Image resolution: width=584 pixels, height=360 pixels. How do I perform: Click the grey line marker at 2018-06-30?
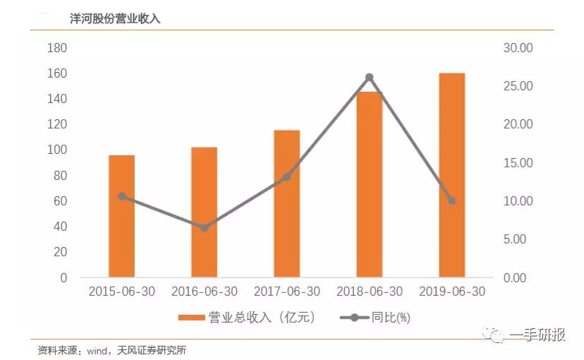[x=369, y=77]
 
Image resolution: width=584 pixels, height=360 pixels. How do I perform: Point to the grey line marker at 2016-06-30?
[x=204, y=228]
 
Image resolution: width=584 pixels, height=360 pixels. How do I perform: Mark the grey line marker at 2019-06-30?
[x=451, y=201]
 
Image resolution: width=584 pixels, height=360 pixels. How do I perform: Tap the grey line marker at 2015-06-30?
[x=121, y=196]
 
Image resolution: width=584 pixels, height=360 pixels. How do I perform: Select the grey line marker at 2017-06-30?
[x=286, y=177]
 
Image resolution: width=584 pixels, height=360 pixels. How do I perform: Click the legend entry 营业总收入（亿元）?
[x=247, y=318]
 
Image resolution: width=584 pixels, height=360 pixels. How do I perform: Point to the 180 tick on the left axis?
[x=56, y=48]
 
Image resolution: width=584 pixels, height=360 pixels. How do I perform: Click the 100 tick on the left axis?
[x=56, y=150]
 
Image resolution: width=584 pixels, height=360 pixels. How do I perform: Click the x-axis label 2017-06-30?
[x=286, y=292]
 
